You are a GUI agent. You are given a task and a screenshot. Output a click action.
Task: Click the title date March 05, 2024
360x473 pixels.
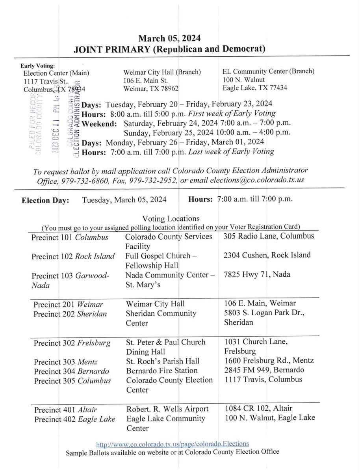(x=169, y=38)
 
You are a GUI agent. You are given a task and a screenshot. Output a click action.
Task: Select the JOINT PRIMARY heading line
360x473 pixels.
(x=169, y=49)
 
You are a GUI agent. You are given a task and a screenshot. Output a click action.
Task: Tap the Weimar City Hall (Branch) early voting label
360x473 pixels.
(x=162, y=72)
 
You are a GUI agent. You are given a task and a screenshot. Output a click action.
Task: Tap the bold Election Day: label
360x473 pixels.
(x=45, y=200)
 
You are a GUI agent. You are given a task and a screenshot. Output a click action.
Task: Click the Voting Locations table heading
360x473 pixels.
(x=171, y=218)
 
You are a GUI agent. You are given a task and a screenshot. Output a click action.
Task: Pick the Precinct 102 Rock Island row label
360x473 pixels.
(x=73, y=256)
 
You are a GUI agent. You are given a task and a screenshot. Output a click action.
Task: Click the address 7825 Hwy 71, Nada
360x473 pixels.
(x=256, y=274)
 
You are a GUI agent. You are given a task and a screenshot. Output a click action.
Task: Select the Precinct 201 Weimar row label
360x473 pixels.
(x=68, y=304)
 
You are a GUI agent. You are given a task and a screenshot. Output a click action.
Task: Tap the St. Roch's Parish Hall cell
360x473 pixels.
(x=163, y=361)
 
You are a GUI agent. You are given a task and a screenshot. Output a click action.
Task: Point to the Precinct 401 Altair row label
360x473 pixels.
(x=65, y=410)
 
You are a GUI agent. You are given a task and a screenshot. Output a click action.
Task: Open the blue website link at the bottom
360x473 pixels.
(x=173, y=444)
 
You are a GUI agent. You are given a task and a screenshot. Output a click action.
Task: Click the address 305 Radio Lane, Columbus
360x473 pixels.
(x=269, y=236)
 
